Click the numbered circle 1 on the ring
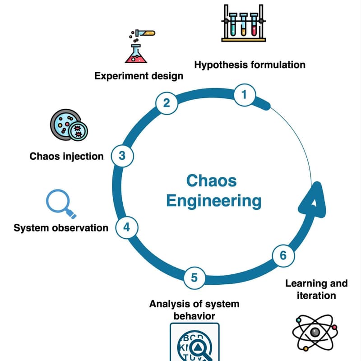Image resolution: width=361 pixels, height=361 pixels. [x=245, y=95]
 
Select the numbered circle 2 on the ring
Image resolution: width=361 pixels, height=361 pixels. [x=166, y=103]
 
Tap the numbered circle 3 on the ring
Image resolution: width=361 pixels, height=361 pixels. [x=122, y=156]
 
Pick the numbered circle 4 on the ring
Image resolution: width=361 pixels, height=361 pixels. [x=127, y=227]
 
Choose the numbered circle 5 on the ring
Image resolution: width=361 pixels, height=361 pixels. [x=194, y=277]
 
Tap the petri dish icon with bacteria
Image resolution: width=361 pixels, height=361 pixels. [x=68, y=125]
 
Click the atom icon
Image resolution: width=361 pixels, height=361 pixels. [x=315, y=333]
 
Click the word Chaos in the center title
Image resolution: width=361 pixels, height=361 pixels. [x=211, y=181]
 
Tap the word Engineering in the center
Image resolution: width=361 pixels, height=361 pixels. [x=213, y=201]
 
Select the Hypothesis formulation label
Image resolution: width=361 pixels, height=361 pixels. [x=250, y=65]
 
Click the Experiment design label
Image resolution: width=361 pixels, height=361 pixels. [x=139, y=76]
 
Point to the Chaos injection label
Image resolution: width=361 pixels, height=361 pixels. [x=66, y=157]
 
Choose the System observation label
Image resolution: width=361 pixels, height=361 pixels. [x=61, y=228]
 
